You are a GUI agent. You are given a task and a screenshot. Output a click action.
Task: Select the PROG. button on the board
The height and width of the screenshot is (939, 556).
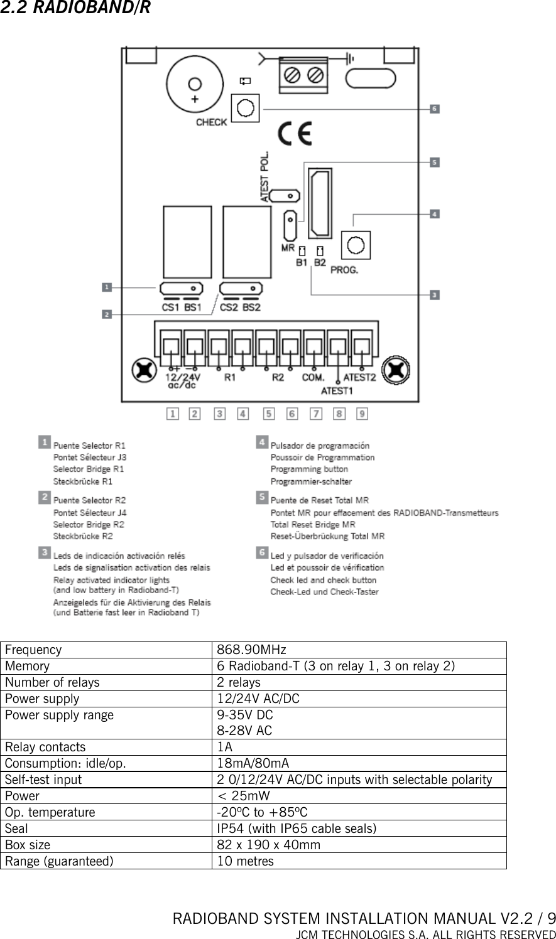tap(356, 244)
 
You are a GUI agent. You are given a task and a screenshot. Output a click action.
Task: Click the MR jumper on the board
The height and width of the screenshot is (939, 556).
tap(290, 226)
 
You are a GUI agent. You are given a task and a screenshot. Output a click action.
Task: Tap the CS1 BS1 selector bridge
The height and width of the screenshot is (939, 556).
tap(180, 288)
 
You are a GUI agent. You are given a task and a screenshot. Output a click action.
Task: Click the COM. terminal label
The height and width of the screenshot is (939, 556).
tap(313, 378)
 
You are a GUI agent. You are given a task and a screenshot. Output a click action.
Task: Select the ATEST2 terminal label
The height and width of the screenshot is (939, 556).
tap(360, 378)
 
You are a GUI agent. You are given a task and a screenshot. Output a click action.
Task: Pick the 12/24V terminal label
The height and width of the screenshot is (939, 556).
tap(183, 378)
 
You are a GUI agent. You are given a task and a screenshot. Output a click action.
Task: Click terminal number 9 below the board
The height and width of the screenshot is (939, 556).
tap(362, 414)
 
